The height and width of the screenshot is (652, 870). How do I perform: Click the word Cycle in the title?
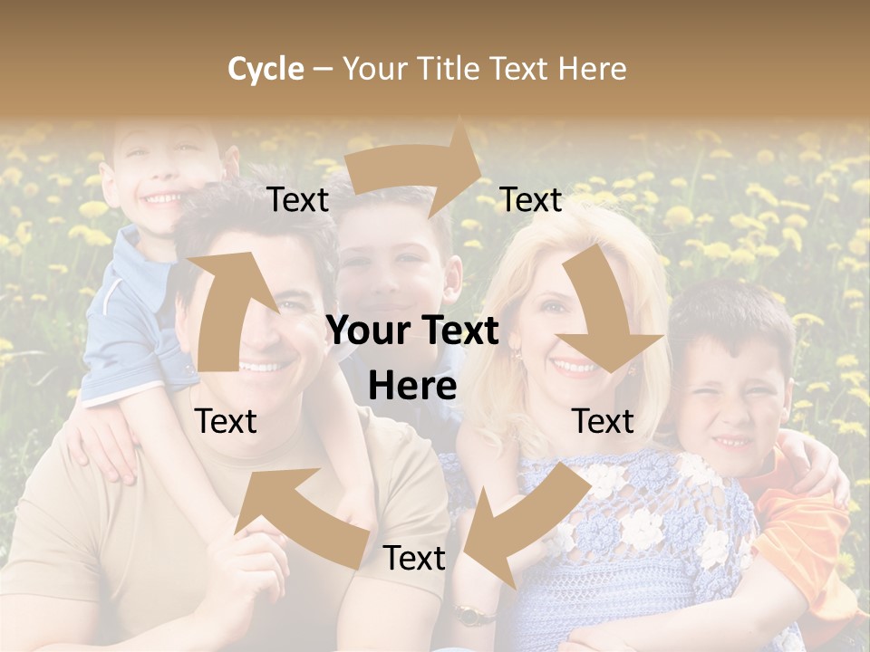coord(266,70)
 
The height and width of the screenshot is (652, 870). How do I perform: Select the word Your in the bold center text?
coord(362,331)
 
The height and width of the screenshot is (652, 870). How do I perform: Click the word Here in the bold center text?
coord(412,386)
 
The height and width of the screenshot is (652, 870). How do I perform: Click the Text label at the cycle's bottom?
coord(414,559)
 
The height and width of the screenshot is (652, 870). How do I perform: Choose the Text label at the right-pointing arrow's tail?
coord(297,200)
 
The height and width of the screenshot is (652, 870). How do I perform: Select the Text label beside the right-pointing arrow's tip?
coord(531,200)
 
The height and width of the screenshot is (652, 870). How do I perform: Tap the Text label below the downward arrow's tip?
coord(603,421)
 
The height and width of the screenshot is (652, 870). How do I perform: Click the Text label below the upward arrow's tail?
coord(226,421)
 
